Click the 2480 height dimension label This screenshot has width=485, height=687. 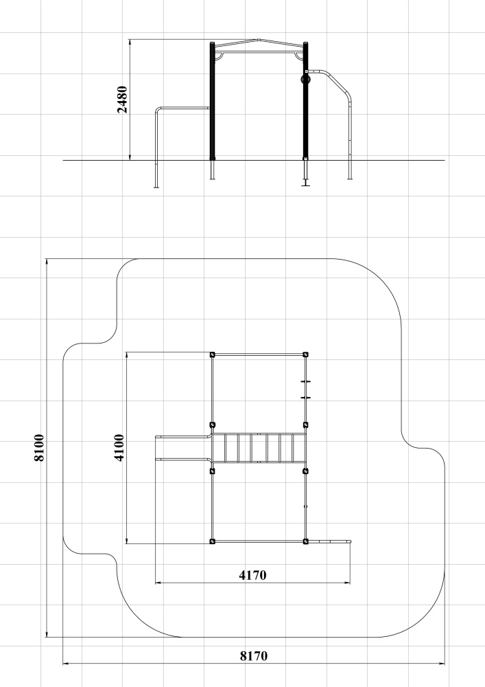pyautogui.click(x=123, y=100)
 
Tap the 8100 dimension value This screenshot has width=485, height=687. pyautogui.click(x=39, y=447)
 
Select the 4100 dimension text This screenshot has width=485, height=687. pyautogui.click(x=119, y=447)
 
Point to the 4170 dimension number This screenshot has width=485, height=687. pyautogui.click(x=252, y=575)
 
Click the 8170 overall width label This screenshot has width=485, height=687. pyautogui.click(x=254, y=656)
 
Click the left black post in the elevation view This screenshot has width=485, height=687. pyautogui.click(x=213, y=101)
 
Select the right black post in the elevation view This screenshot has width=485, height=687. pyautogui.click(x=306, y=101)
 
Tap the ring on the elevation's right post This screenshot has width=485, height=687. pyautogui.click(x=305, y=79)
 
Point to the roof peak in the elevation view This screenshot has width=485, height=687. pyautogui.click(x=259, y=40)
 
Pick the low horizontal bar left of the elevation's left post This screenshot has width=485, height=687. pyautogui.click(x=182, y=108)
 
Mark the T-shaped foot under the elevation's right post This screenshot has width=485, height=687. pyautogui.click(x=305, y=184)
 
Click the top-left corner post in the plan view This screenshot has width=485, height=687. pyautogui.click(x=213, y=354)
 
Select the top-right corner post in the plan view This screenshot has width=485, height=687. pyautogui.click(x=306, y=354)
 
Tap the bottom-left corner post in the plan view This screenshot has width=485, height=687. pyautogui.click(x=213, y=541)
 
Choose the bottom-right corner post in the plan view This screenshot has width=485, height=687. pyautogui.click(x=306, y=541)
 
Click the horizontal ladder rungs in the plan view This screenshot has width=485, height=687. pyautogui.click(x=259, y=448)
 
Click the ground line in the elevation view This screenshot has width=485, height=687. pyautogui.click(x=254, y=160)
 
